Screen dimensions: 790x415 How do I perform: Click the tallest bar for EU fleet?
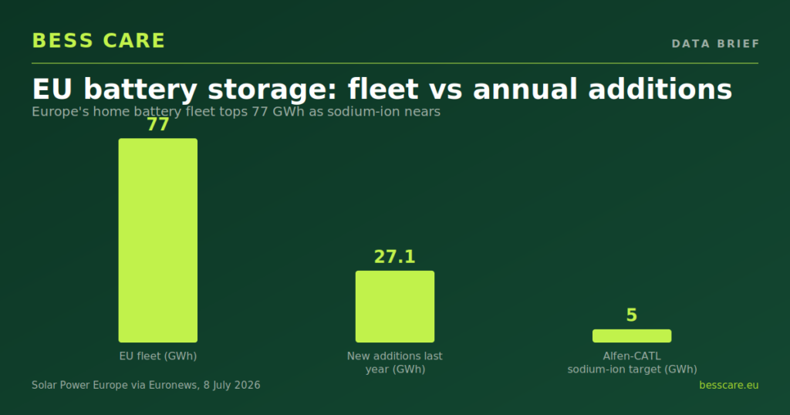point(157,240)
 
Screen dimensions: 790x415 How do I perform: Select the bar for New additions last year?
point(395,307)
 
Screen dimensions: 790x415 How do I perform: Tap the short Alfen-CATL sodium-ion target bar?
point(632,336)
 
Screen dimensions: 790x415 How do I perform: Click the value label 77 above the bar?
point(157,124)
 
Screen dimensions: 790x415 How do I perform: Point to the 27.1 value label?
point(395,257)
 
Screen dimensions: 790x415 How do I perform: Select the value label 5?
point(632,315)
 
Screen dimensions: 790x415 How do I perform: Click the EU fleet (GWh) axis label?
point(157,356)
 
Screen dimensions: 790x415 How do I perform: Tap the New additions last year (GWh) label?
point(395,363)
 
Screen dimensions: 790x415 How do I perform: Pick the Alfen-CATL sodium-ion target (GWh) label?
point(633,363)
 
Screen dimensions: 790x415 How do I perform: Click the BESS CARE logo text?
point(99,41)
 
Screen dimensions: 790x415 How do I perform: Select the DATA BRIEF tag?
point(715,44)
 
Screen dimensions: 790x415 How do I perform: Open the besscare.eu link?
point(728,385)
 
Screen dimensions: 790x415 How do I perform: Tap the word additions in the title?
point(660,89)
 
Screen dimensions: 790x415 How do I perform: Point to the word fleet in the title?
point(383,89)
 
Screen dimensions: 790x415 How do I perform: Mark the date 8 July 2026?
point(232,385)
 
